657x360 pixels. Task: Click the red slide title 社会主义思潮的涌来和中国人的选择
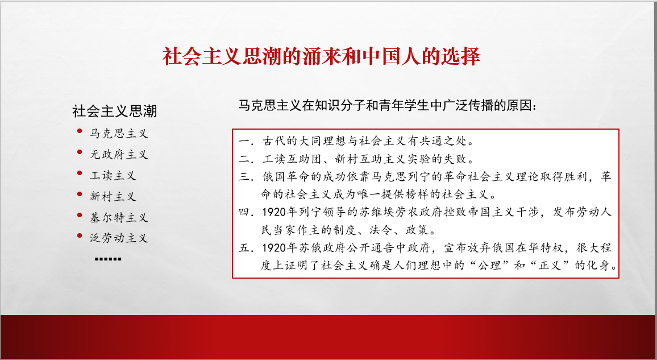[321, 56]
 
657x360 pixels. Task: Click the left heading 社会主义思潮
[114, 111]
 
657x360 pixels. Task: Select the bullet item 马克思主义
[119, 134]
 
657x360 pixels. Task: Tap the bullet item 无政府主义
[119, 155]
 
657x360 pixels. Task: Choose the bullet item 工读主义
[113, 176]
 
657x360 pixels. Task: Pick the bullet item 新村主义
[113, 197]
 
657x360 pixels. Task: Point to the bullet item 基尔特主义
[119, 217]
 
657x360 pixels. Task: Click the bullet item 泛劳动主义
[119, 238]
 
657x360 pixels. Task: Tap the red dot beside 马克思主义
[80, 131]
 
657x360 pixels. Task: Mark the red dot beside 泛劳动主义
[80, 236]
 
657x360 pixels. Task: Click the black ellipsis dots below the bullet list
[108, 259]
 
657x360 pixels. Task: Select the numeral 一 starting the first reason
[244, 141]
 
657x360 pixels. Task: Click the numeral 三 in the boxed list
[244, 176]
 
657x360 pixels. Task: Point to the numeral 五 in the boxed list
[244, 248]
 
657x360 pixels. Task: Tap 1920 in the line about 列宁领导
[275, 213]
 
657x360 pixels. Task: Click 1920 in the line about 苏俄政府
[275, 248]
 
